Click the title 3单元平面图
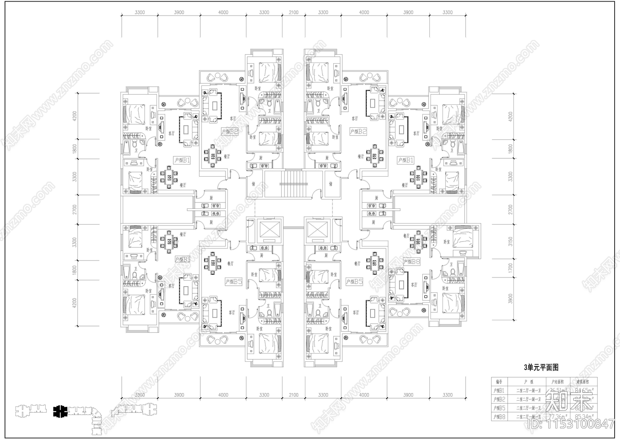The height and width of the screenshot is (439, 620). click(541, 367)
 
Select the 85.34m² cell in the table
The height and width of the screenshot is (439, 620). click(584, 417)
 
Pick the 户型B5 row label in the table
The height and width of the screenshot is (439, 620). click(498, 408)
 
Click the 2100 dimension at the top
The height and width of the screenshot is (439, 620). click(294, 12)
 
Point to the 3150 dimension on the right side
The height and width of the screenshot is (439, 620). click(510, 241)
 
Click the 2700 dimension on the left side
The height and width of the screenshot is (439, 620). click(75, 209)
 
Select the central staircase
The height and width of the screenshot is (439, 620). click(293, 184)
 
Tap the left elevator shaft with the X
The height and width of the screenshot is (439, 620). click(268, 229)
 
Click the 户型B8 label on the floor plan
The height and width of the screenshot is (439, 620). click(412, 262)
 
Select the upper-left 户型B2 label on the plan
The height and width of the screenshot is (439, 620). click(230, 131)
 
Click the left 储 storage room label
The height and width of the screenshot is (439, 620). click(253, 184)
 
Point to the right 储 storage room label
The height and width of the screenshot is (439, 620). click(331, 184)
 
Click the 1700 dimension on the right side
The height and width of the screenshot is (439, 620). click(510, 267)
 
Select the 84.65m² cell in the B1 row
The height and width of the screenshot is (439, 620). click(584, 390)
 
